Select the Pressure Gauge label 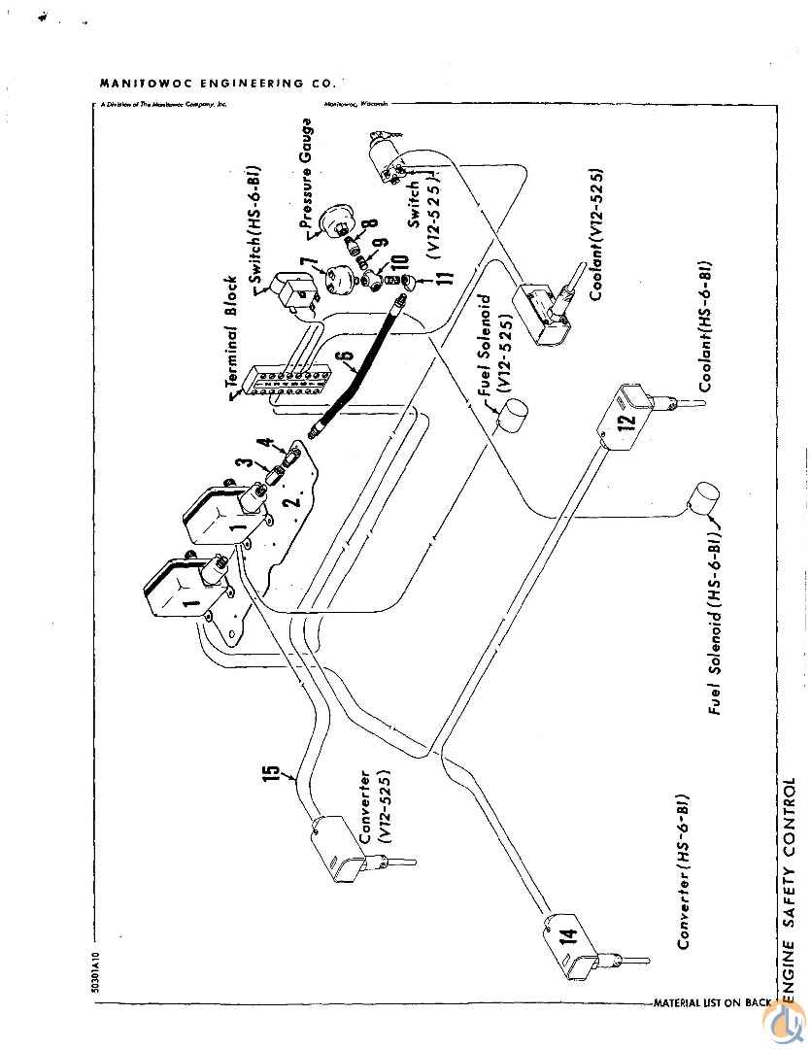point(306,175)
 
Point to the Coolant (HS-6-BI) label point(706,325)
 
